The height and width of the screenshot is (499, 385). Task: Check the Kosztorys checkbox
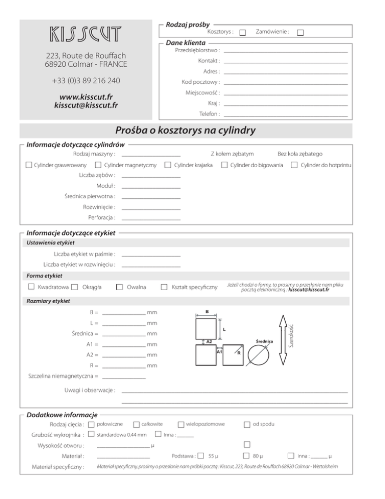[x=243, y=33]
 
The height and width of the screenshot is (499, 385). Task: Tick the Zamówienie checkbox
[x=300, y=33]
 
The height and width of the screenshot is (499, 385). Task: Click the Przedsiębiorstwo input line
[x=286, y=51]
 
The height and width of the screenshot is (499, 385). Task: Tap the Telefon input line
[x=286, y=115]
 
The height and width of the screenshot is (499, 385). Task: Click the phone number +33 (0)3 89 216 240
[x=85, y=81]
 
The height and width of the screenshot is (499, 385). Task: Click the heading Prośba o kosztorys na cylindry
[x=185, y=131]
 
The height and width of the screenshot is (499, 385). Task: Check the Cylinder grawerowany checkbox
[x=29, y=165]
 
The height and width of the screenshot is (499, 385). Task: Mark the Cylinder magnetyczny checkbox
[x=99, y=165]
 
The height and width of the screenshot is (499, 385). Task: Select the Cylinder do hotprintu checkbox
[x=294, y=165]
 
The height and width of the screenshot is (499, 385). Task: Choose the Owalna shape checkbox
[x=119, y=287]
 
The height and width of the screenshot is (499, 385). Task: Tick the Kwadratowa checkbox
[x=31, y=287]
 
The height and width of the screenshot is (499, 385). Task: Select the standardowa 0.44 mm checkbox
[x=91, y=434]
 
